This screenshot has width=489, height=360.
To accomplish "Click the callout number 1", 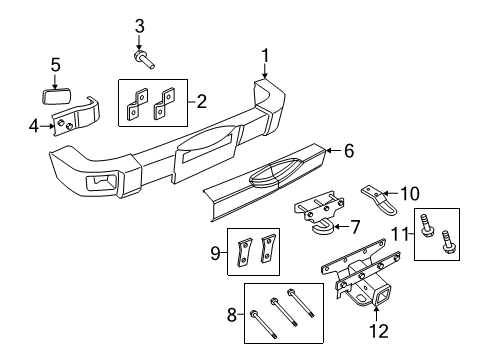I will pos(265,56).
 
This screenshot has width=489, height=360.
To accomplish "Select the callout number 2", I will pos(201,101).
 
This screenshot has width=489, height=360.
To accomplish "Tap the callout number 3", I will pos(140,25).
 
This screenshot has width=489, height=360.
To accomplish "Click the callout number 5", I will pos(56,67).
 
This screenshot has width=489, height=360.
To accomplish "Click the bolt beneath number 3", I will pos(146,58).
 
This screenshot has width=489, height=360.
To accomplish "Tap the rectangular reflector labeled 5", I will pos(56,97).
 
